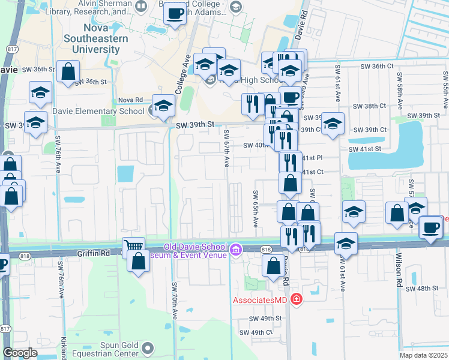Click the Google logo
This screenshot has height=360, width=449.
[20, 353]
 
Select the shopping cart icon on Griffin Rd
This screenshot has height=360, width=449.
[133, 246]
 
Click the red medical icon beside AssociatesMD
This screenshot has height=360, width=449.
[295, 299]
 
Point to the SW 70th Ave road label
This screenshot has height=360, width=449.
[175, 300]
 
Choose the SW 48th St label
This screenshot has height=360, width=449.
[427, 289]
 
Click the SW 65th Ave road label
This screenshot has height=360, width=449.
[255, 209]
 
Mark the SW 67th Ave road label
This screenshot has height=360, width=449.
[226, 148]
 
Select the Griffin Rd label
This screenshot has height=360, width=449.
[93, 253]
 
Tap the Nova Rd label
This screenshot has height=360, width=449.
[130, 100]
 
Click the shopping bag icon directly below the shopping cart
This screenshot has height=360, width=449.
[139, 262]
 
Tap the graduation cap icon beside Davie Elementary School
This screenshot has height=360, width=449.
[163, 106]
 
